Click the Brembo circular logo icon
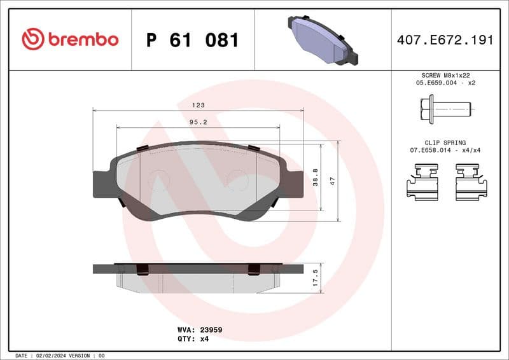pyautogui.click(x=32, y=39)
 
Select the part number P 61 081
pyautogui.click(x=192, y=40)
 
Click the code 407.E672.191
pyautogui.click(x=445, y=40)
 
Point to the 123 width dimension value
pyautogui.click(x=199, y=106)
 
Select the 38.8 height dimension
pyautogui.click(x=315, y=177)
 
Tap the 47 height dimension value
pyautogui.click(x=331, y=181)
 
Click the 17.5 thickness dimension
pyautogui.click(x=315, y=278)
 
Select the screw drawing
pyautogui.click(x=445, y=109)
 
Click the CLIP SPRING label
pyautogui.click(x=445, y=143)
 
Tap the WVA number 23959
pyautogui.click(x=210, y=330)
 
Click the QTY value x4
pyautogui.click(x=204, y=339)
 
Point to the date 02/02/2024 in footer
pyautogui.click(x=48, y=356)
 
